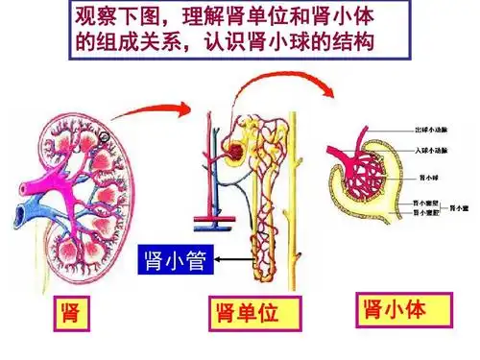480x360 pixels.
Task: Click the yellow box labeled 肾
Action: coord(68,313)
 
